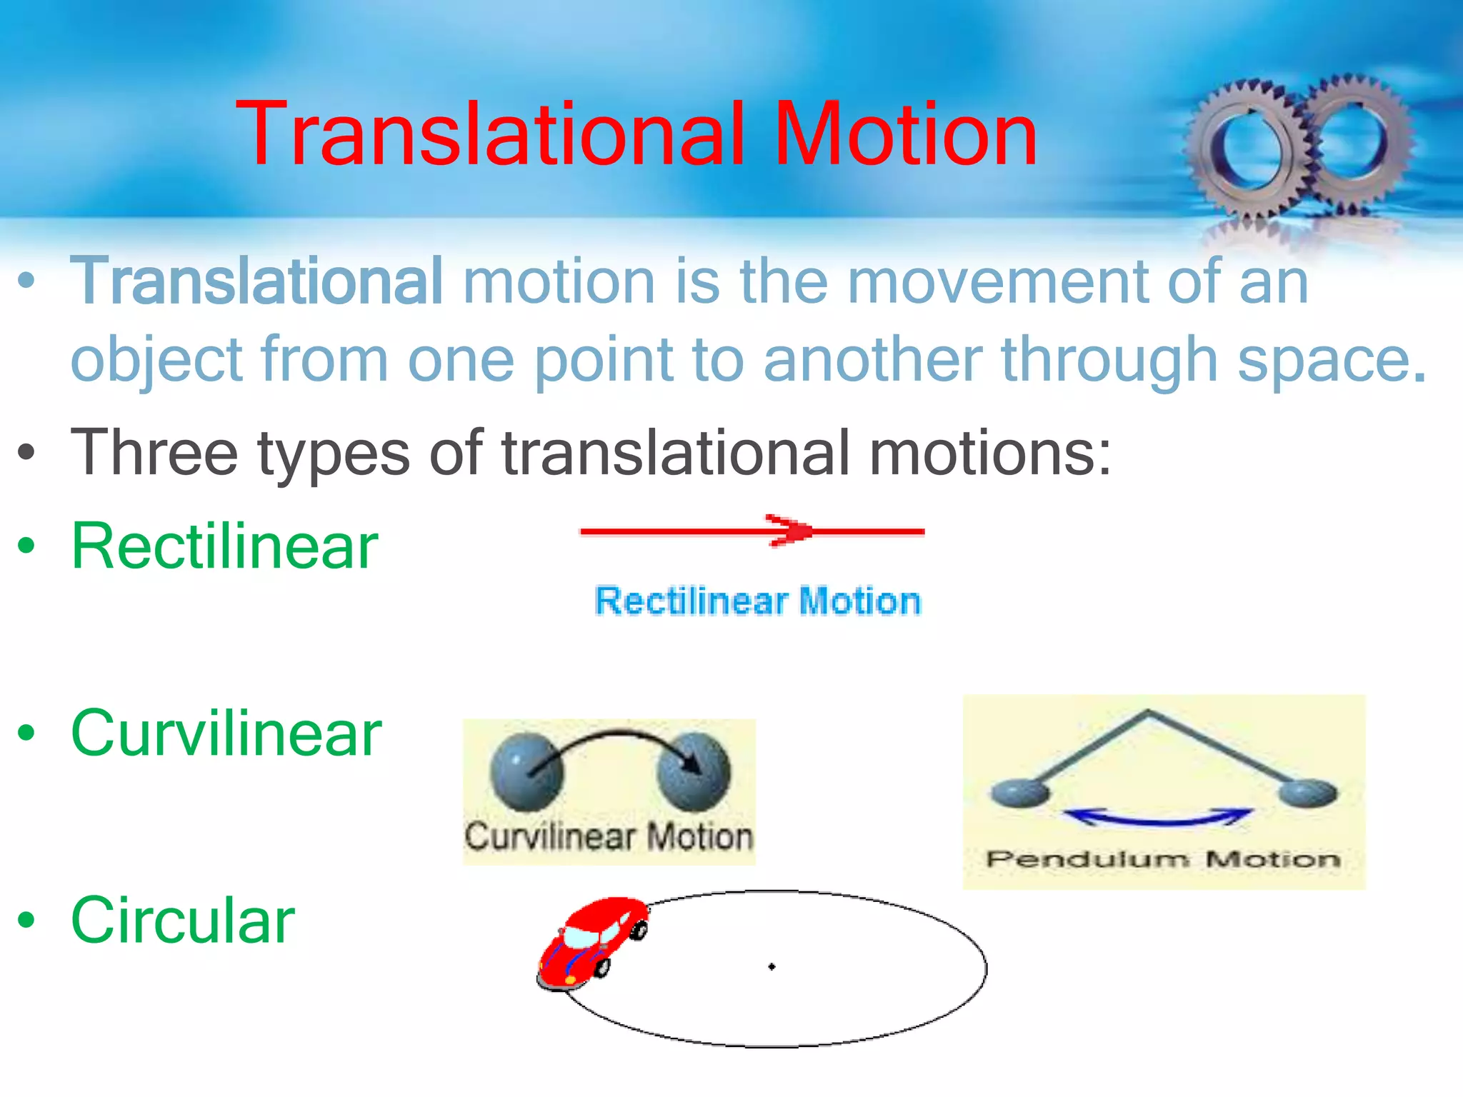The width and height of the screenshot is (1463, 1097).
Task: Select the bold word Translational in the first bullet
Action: [257, 281]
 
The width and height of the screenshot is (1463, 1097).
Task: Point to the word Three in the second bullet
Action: [154, 452]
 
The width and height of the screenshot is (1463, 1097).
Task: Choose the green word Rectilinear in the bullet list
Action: [224, 546]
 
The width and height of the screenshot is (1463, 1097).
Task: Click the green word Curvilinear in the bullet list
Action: [226, 733]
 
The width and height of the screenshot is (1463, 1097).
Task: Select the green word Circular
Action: [183, 921]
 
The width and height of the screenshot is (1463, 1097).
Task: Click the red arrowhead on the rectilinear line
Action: [789, 531]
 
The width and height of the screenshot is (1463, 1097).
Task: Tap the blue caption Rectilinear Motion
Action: [758, 601]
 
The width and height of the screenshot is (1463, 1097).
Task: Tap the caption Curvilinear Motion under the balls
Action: [609, 836]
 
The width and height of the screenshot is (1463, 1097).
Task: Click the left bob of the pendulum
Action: [1020, 793]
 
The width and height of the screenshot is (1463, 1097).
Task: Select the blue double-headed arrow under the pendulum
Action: [1159, 818]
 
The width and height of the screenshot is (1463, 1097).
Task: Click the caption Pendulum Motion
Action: [1163, 859]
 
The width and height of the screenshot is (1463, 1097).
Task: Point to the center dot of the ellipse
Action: [772, 967]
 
